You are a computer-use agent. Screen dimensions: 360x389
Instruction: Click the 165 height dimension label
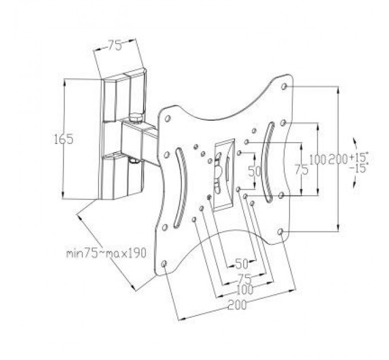pos(64,139)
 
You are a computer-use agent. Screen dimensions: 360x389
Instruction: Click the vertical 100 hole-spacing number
pos(316,158)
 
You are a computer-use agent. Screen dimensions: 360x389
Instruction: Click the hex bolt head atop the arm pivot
pos(136,119)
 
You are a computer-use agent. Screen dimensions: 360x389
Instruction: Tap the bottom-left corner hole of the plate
pos(165,264)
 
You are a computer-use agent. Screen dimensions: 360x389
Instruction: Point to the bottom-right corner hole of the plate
pos(280,231)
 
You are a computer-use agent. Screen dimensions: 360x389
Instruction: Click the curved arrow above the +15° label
pos(357,143)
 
